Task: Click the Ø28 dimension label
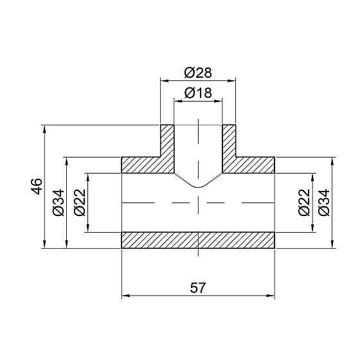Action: pyautogui.click(x=197, y=72)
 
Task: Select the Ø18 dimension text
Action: pyautogui.click(x=197, y=92)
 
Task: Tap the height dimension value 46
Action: pyautogui.click(x=37, y=186)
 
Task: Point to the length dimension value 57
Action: pyautogui.click(x=198, y=289)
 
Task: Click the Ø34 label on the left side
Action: pyautogui.click(x=59, y=202)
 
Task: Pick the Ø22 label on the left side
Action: pyautogui.click(x=80, y=202)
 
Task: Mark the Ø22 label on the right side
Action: pyautogui.click(x=304, y=202)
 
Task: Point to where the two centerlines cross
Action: pyautogui.click(x=198, y=202)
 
